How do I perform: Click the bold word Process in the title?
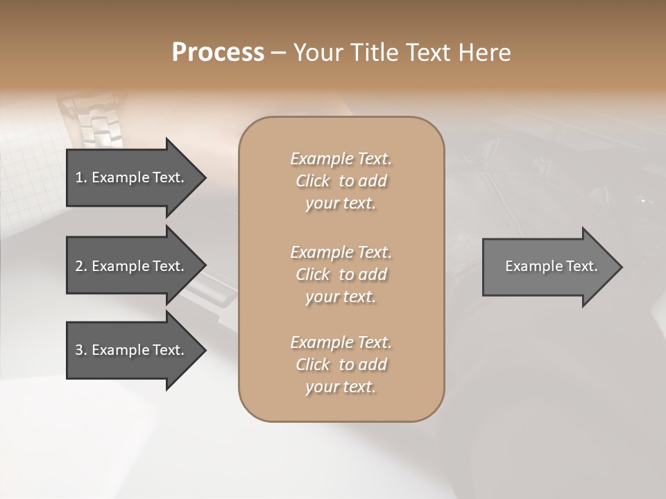click(218, 53)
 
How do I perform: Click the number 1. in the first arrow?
click(81, 177)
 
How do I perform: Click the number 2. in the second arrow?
click(81, 266)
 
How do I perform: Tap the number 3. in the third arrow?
click(81, 350)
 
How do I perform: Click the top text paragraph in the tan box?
click(341, 181)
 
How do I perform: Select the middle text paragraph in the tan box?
click(341, 274)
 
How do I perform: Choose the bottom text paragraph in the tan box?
click(341, 365)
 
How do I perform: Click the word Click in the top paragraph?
click(312, 181)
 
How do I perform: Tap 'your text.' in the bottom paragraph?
click(341, 387)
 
